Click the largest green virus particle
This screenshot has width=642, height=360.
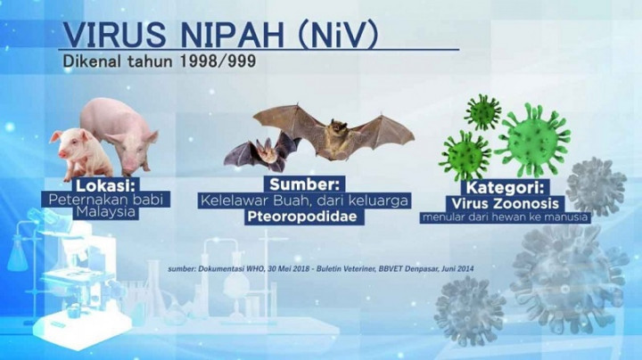click(533, 138)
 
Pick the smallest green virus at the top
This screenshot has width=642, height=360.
click(482, 112)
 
